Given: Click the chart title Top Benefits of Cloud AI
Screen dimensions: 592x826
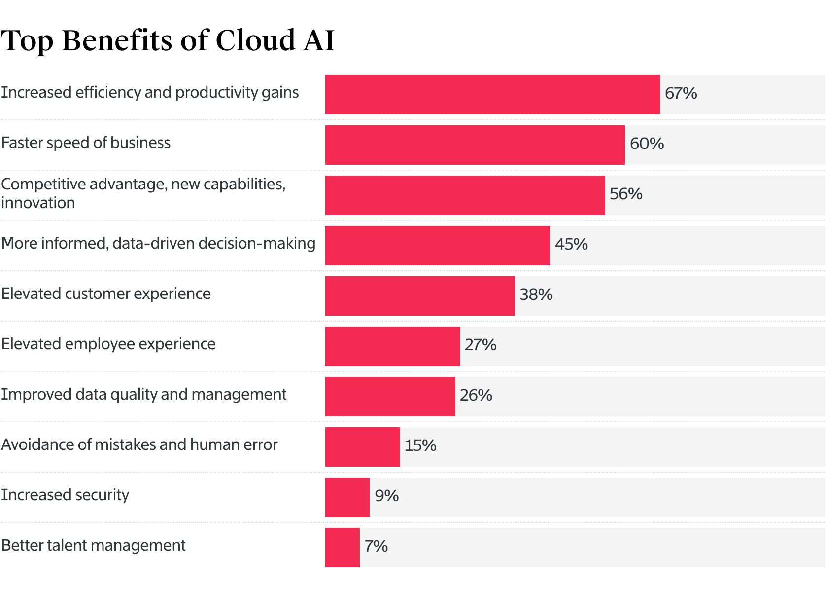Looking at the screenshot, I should point(168,40).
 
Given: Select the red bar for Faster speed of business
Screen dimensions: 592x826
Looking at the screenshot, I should point(475,145).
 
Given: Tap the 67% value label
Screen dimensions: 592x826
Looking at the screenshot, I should point(681,93).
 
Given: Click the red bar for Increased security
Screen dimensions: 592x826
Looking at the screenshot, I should point(347,497).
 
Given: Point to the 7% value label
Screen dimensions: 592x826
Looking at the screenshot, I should point(376,546).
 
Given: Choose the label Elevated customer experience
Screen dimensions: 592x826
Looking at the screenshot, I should point(106,294).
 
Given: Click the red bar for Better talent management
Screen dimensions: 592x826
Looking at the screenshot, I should point(342,548).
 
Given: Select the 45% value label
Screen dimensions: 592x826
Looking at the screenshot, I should point(571,244).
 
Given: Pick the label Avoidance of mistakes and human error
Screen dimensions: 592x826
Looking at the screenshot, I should point(139,444).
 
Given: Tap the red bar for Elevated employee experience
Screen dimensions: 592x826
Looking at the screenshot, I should point(392,346).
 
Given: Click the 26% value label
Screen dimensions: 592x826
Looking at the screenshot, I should point(476,395).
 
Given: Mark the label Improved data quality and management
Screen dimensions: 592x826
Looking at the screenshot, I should point(143,394).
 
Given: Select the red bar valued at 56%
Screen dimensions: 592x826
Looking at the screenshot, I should point(465,195).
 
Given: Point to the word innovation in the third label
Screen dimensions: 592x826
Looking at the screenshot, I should point(38,203).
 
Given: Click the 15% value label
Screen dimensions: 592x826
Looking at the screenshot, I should point(420,445).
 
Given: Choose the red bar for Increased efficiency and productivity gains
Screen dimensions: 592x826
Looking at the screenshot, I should point(492,95).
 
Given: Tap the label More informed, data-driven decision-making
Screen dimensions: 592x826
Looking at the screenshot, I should point(158,243).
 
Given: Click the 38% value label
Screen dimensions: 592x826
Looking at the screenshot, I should point(536,295).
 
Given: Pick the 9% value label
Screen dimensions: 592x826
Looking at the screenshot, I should point(386,496).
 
